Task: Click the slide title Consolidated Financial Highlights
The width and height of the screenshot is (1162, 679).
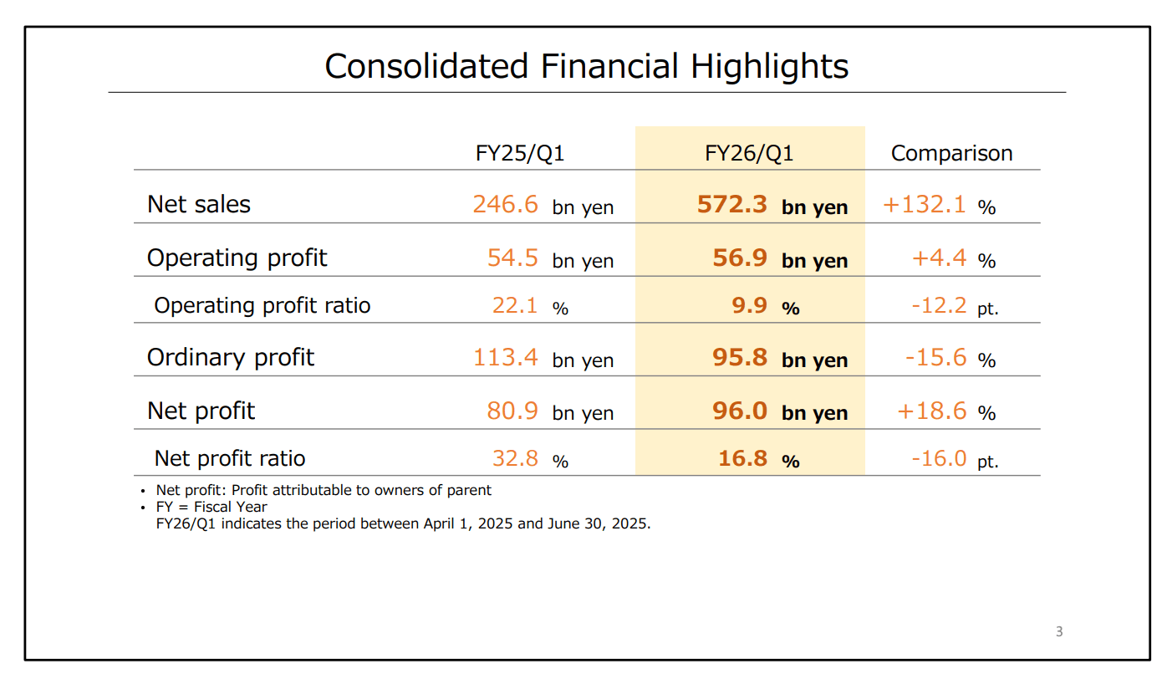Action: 586,66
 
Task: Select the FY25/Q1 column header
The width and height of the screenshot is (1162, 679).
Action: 520,153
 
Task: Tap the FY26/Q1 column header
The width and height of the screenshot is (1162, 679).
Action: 749,153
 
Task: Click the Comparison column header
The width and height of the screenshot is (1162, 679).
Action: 951,153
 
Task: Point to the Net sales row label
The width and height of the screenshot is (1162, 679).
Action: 199,204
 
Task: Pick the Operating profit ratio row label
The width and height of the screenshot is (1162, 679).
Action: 262,305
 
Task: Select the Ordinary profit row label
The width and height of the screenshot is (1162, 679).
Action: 231,358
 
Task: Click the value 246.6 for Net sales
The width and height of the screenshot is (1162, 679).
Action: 506,204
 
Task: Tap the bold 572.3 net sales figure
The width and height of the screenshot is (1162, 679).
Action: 732,204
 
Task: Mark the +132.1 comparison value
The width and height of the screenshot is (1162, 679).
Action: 925,204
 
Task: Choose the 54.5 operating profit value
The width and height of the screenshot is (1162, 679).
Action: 512,258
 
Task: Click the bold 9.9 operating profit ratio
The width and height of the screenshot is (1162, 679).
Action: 749,305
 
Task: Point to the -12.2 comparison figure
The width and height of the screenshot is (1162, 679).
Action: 939,305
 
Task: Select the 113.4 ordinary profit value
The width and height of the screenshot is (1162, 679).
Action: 506,358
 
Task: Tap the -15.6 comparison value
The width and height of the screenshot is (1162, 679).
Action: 936,358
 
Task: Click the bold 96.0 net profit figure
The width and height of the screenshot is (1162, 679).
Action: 739,411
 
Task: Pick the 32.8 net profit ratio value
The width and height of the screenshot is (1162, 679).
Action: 515,458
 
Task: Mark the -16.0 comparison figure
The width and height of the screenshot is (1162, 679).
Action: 939,458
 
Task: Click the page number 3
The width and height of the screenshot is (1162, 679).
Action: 1059,632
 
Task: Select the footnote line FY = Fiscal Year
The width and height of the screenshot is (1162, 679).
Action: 212,507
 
